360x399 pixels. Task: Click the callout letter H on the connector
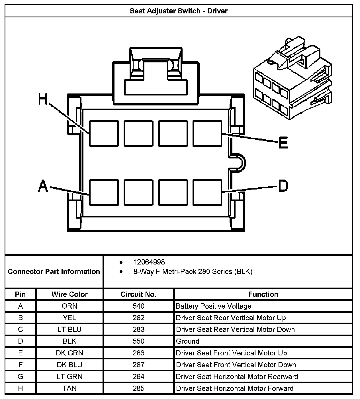(43, 99)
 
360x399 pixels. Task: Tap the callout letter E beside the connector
(283, 142)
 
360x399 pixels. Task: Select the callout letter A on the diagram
(43, 186)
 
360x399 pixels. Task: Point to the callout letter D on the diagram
(283, 186)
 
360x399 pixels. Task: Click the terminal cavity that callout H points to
(104, 133)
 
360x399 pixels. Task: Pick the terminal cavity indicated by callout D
(207, 192)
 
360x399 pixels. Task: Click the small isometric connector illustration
(292, 78)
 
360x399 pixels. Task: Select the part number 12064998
(149, 262)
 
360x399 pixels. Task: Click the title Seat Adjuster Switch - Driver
(179, 11)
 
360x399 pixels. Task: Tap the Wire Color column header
(69, 294)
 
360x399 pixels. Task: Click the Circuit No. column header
(138, 294)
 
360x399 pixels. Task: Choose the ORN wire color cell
(69, 306)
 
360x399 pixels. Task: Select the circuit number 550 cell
(138, 341)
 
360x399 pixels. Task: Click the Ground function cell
(188, 341)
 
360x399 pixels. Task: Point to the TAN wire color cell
(69, 388)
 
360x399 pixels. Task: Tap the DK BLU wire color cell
(69, 365)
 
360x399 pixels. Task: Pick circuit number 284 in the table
(138, 376)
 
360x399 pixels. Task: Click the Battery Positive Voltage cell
(214, 306)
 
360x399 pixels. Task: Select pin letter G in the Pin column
(21, 376)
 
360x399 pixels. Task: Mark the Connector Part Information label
(54, 271)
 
